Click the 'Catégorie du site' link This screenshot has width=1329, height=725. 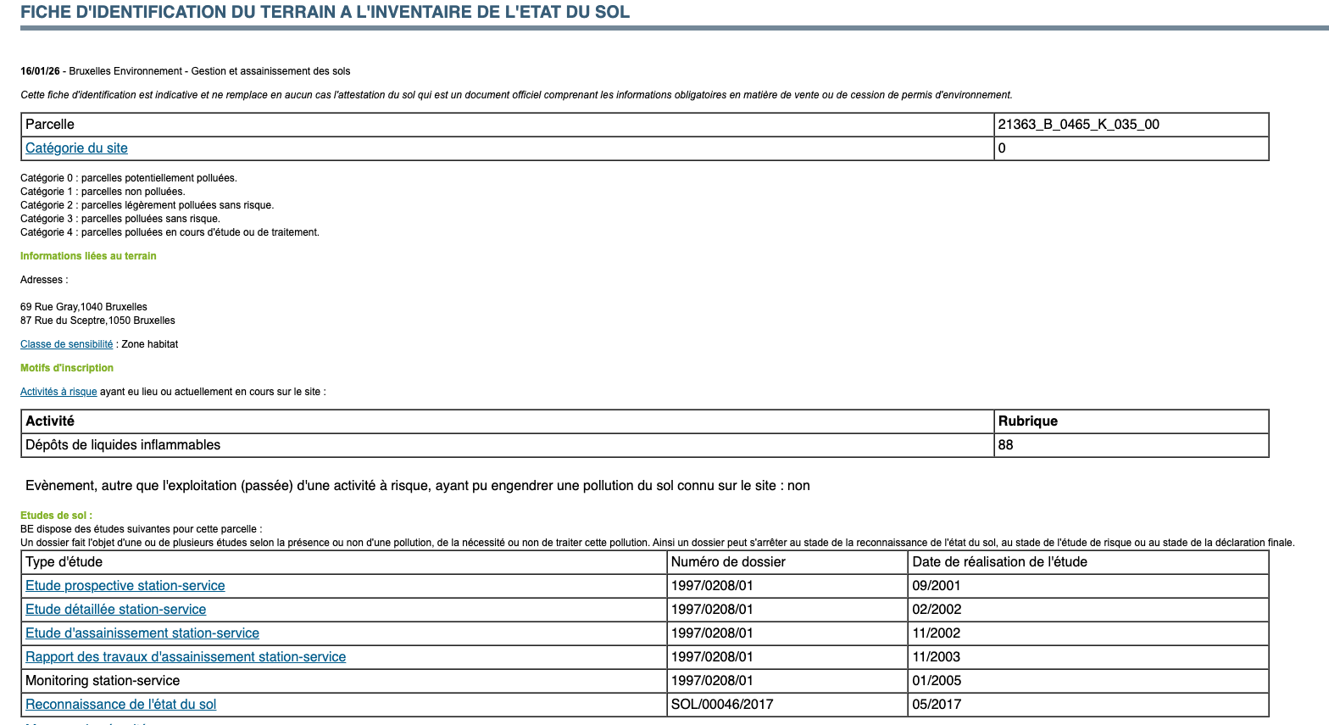tap(76, 148)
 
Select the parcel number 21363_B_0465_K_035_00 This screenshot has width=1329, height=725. tap(1078, 125)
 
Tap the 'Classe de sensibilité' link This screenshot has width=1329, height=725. tap(66, 344)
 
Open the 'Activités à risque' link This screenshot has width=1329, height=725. tap(58, 392)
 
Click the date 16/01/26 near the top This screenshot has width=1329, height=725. tap(40, 71)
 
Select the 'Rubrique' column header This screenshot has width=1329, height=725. tap(1027, 421)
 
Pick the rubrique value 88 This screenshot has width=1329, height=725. tap(1005, 445)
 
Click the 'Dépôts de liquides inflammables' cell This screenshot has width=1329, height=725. tap(123, 445)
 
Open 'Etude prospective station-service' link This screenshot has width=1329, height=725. tap(125, 586)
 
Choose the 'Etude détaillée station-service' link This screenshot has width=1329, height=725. tap(116, 610)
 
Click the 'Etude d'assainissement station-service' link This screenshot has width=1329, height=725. tap(142, 633)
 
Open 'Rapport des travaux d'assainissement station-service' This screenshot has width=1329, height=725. tap(186, 657)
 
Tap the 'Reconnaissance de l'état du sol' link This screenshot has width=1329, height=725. tap(121, 705)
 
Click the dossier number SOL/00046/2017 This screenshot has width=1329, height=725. tap(721, 705)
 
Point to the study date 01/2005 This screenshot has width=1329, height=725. tap(936, 681)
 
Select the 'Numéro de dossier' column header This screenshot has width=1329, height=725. tap(728, 562)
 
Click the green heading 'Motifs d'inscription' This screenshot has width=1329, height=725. tap(67, 368)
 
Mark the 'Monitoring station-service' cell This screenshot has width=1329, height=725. tap(103, 681)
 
